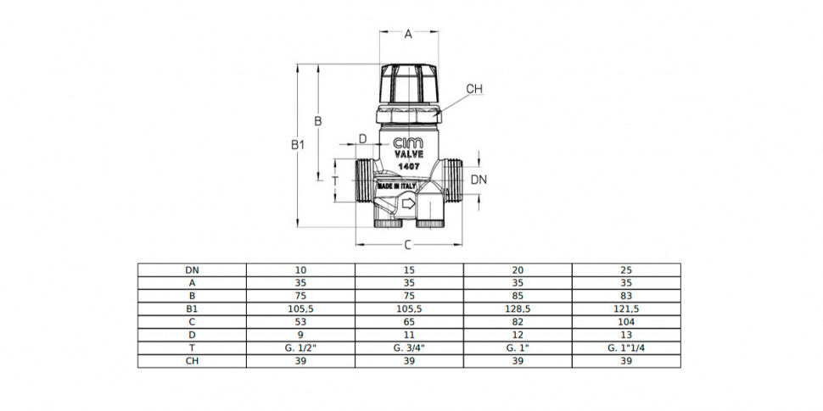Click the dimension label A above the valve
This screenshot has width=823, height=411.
coord(408,35)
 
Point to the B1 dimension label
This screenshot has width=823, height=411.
coord(298,145)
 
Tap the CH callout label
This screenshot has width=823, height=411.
coord(474,89)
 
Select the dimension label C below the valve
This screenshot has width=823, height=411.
coord(408,245)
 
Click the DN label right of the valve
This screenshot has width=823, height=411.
coord(479,180)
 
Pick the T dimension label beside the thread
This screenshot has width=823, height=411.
coord(336,181)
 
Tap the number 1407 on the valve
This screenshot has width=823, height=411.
coord(408,165)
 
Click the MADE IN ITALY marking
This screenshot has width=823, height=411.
coord(396,186)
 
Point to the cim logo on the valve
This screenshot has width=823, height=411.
coord(408,143)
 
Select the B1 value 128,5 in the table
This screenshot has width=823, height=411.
coord(518,309)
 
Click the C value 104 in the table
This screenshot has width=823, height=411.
coord(626,322)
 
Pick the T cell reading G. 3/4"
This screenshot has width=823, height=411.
coord(409,348)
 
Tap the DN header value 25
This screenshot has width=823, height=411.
coord(626,270)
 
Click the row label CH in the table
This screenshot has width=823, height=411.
coord(192,361)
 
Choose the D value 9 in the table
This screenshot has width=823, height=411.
coord(300,335)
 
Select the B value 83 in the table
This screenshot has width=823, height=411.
coord(626,297)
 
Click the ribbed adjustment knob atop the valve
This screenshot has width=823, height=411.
coord(409,84)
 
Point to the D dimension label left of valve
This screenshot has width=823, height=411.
coord(362,139)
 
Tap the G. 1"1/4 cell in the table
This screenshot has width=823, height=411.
coord(626,348)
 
